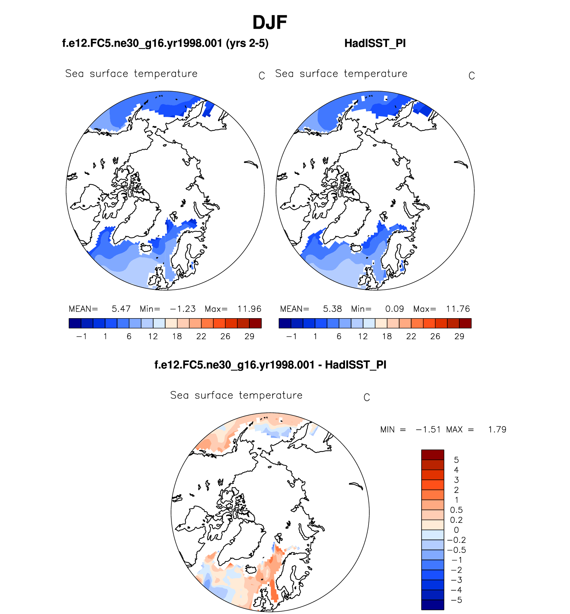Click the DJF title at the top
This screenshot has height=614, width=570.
pos(270,23)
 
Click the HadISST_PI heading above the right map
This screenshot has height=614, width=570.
pos(375,43)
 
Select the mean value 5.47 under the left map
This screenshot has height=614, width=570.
pos(121,309)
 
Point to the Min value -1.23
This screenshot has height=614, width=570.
pos(183,309)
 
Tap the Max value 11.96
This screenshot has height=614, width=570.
pos(249,309)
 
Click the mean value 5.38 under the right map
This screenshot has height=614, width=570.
pos(332,309)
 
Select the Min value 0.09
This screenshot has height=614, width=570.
pos(394,309)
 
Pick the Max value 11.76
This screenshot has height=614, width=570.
pos(458,309)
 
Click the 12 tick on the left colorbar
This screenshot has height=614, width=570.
pos(153,337)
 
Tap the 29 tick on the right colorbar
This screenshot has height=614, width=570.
pos(459,337)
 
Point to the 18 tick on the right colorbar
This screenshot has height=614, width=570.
pos(387,337)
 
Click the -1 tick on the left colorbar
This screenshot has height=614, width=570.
pos(81,337)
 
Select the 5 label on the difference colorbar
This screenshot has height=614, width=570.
pos(456,460)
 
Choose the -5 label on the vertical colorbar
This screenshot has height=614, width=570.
pos(456,600)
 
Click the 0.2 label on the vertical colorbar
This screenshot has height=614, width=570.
pos(456,520)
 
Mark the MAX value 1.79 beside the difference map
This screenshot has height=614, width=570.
pos(497,430)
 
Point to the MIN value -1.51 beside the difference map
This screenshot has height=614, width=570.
pos(428,430)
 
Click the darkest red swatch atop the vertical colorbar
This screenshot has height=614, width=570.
pos(433,455)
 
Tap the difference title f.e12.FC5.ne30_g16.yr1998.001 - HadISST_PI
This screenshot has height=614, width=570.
pos(270,365)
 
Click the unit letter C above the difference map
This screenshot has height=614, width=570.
pos(367,398)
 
